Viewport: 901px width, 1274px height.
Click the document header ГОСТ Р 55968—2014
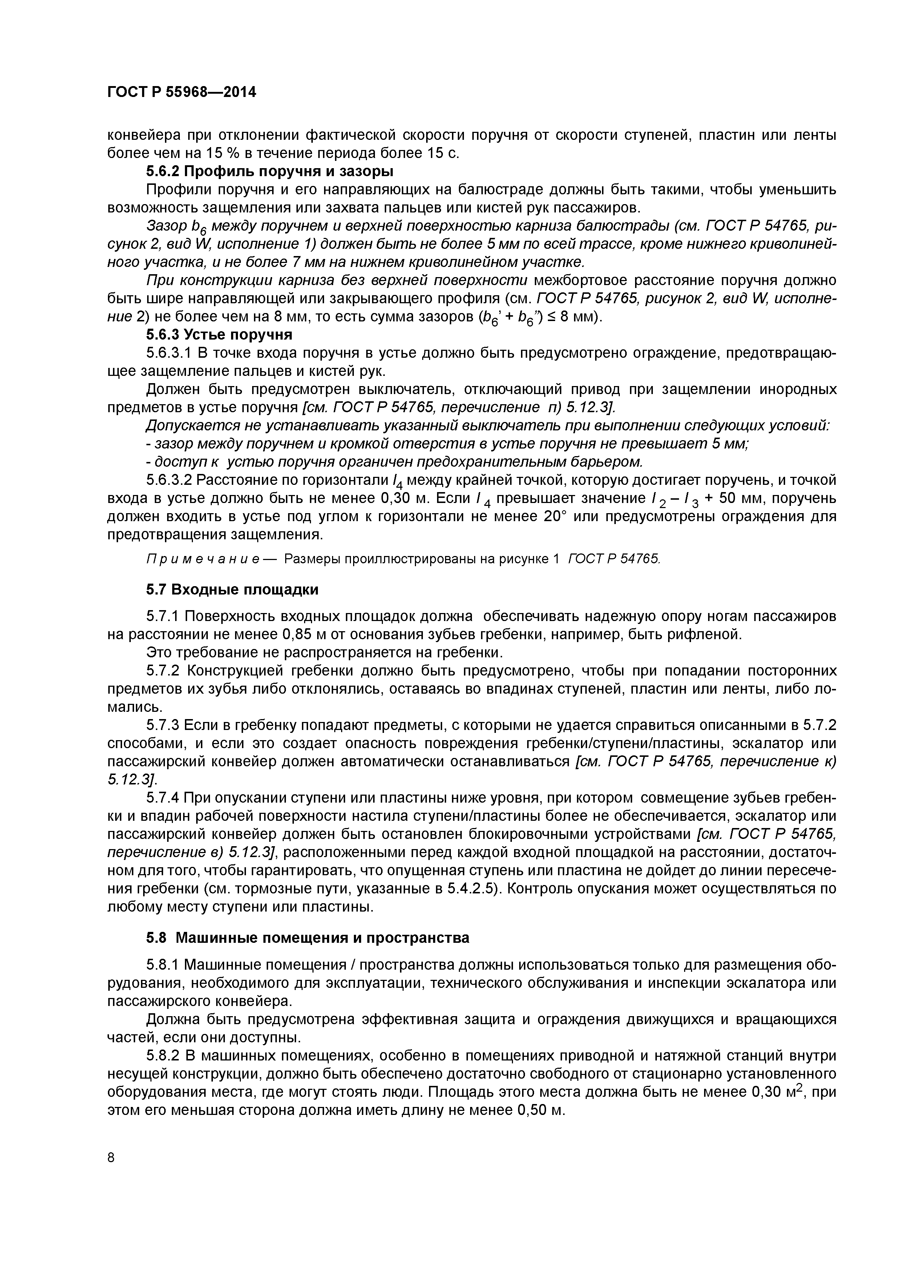pos(182,92)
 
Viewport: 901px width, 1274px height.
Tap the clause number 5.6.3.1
pos(169,353)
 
